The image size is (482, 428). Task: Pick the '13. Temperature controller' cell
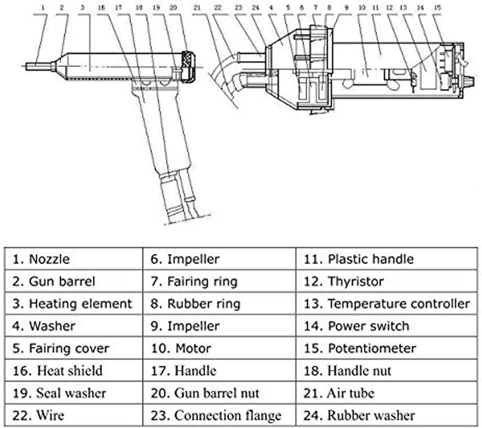tap(387, 304)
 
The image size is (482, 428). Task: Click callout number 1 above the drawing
tap(43, 7)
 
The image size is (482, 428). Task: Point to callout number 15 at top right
tap(437, 7)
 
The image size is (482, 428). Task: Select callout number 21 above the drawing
tap(197, 7)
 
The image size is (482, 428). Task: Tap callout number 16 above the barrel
tap(101, 7)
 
